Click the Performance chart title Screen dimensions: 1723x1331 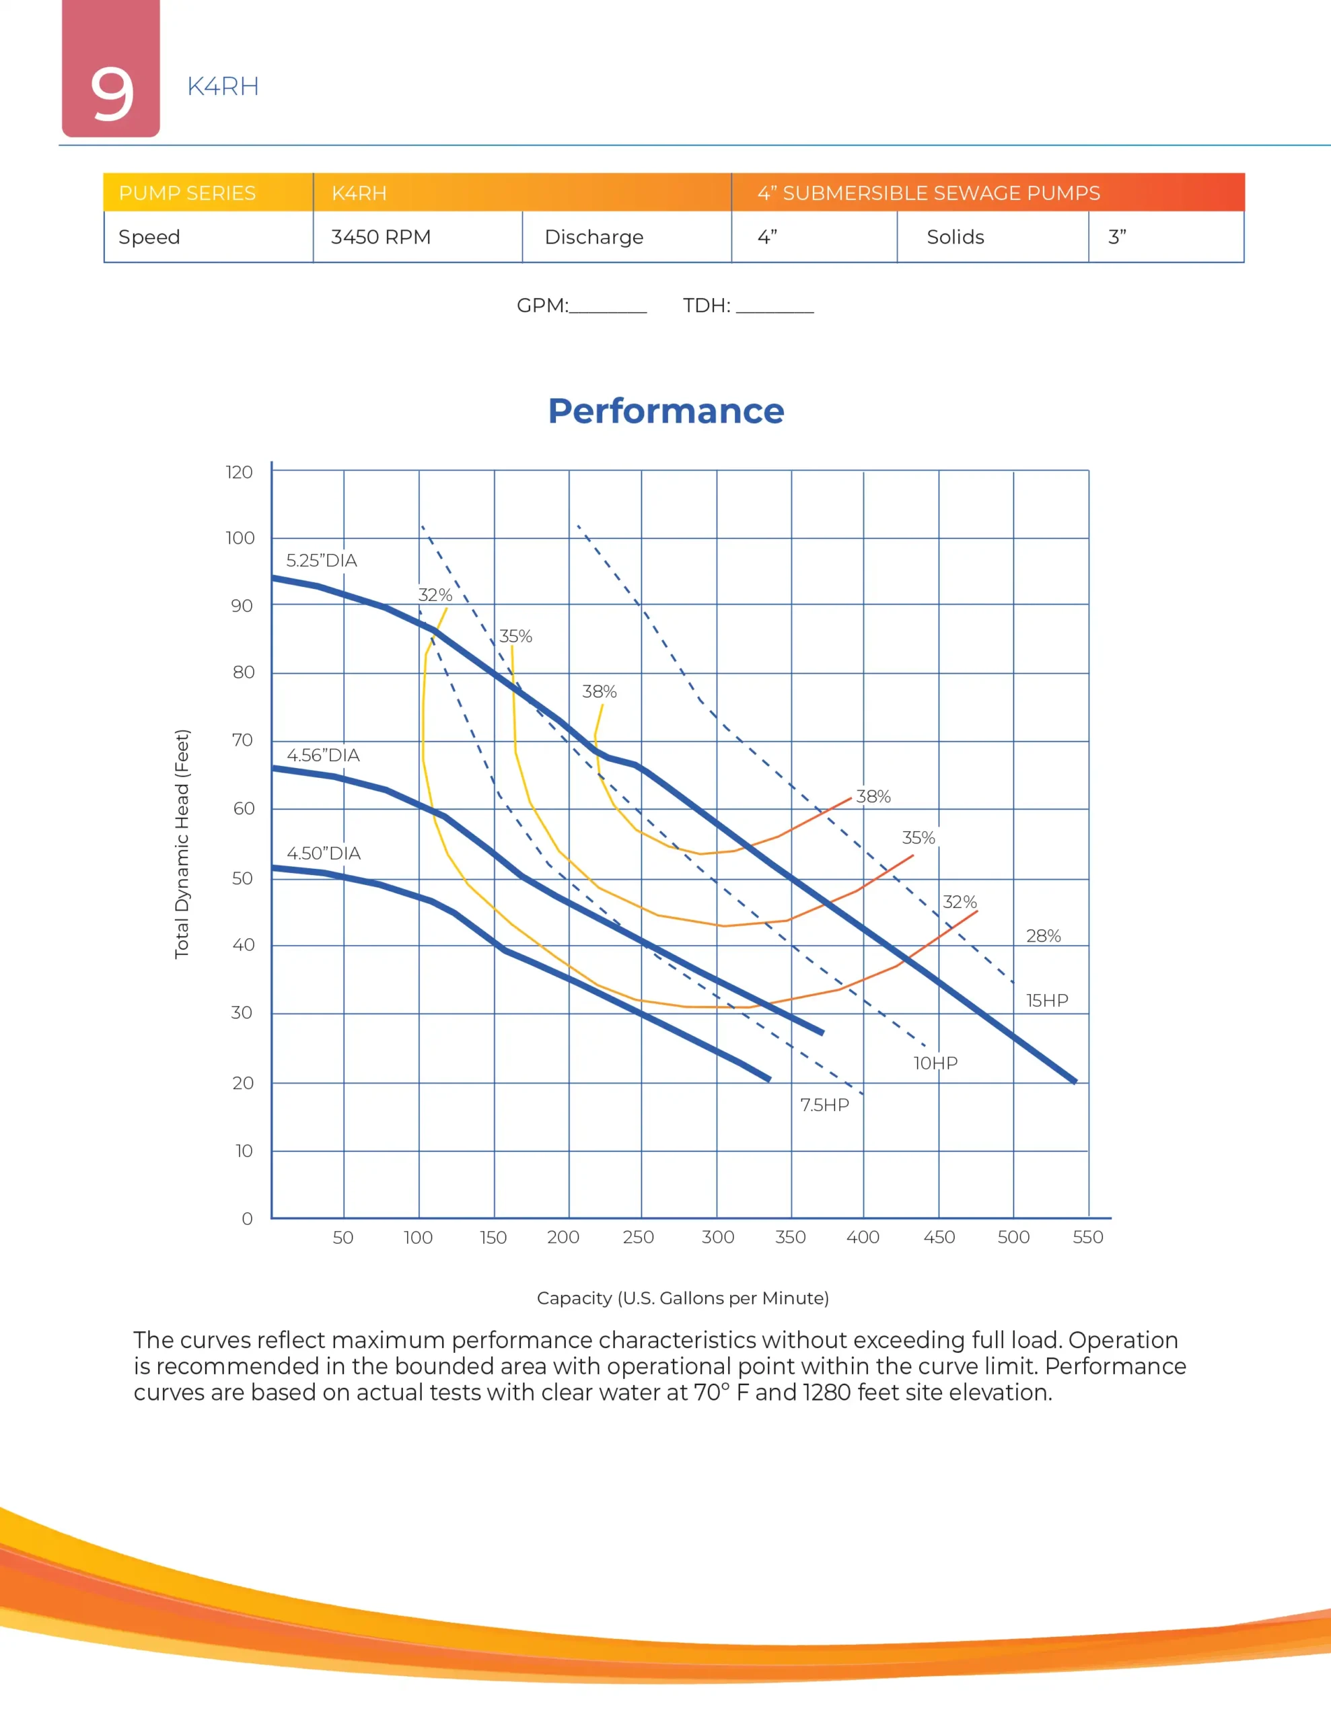point(666,411)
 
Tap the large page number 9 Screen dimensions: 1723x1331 point(111,93)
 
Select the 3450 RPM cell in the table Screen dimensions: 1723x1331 point(380,237)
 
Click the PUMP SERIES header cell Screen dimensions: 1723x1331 point(187,193)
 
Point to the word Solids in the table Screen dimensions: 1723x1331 point(955,237)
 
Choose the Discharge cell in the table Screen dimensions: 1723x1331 point(593,237)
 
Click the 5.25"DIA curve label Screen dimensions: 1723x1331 point(321,560)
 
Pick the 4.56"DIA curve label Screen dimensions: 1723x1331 point(323,755)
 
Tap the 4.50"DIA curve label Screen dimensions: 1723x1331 point(324,853)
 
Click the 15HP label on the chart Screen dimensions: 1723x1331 point(1046,1000)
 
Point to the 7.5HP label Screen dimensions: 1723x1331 point(824,1104)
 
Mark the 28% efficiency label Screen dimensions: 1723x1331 point(1043,936)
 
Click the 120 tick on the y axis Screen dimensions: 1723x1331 point(239,472)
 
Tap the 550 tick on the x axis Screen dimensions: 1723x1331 point(1087,1237)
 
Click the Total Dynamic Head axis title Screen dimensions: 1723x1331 point(182,843)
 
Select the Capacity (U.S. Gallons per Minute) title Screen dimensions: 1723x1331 point(682,1298)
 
